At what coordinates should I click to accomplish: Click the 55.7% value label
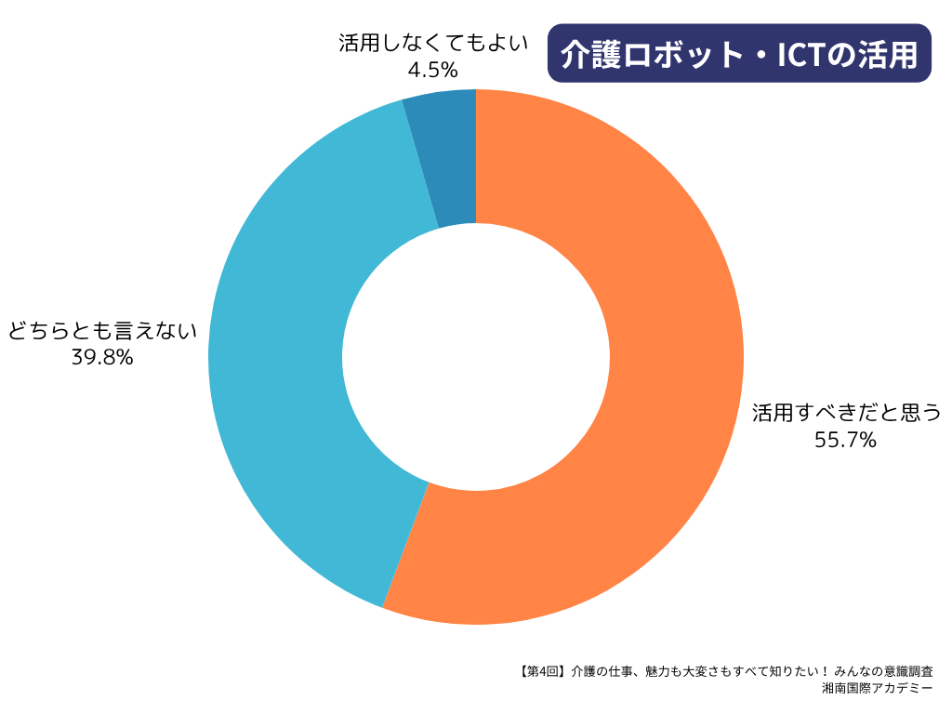pos(845,441)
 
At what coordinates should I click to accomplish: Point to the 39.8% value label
pos(102,357)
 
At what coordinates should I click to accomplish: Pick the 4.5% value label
pos(432,69)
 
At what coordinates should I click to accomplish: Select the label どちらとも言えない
pos(102,330)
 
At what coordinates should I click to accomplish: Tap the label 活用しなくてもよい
pos(433,43)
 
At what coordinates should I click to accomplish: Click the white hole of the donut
pos(476,357)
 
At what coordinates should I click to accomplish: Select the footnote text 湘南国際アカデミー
pos(878,689)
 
